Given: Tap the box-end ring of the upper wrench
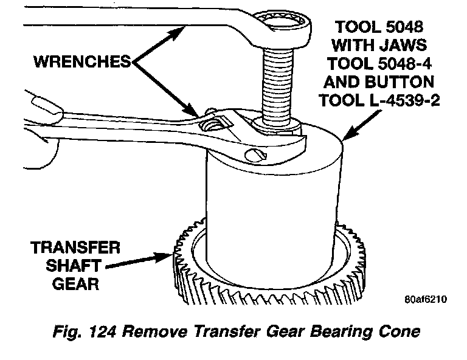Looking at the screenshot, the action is (283, 26).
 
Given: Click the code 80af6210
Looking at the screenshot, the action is (424, 300).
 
